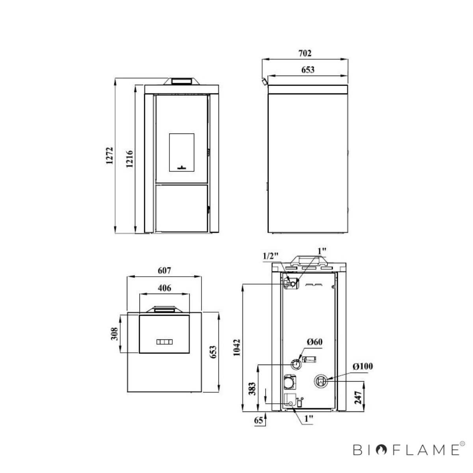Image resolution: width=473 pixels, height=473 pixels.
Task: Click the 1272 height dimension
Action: click(109, 156)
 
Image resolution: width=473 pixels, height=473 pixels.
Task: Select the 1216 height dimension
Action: click(129, 159)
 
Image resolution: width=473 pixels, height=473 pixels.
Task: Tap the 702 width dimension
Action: click(305, 53)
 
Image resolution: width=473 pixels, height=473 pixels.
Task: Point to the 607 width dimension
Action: click(164, 270)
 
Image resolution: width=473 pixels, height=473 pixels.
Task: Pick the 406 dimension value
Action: click(164, 288)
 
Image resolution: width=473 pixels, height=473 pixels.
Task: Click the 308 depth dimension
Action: click(114, 334)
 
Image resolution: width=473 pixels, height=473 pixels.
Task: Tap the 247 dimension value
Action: click(358, 397)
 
